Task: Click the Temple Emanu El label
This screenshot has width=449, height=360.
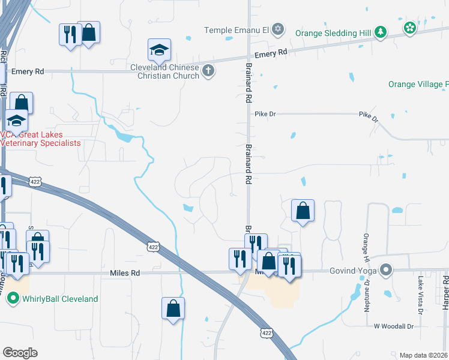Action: pyautogui.click(x=237, y=29)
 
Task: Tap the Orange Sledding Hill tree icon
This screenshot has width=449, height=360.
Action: pyautogui.click(x=381, y=33)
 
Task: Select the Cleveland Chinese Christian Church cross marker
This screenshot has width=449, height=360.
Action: pyautogui.click(x=208, y=71)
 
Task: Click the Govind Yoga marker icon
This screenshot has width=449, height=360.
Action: pyautogui.click(x=386, y=271)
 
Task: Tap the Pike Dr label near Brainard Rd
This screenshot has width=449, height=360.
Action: pyautogui.click(x=264, y=113)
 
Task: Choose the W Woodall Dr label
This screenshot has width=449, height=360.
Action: pyautogui.click(x=394, y=326)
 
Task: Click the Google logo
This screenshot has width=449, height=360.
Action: pyautogui.click(x=20, y=353)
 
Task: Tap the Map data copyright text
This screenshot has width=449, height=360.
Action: pyautogui.click(x=424, y=355)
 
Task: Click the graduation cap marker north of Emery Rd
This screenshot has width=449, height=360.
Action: pyautogui.click(x=160, y=50)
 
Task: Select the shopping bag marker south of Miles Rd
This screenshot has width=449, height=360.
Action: pyautogui.click(x=173, y=308)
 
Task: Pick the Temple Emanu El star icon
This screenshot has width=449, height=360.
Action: pyautogui.click(x=277, y=29)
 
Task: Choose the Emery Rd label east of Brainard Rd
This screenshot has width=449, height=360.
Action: pyautogui.click(x=271, y=53)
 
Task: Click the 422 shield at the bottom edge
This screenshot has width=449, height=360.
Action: pyautogui.click(x=268, y=332)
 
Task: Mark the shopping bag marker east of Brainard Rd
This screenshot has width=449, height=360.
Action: pyautogui.click(x=303, y=211)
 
